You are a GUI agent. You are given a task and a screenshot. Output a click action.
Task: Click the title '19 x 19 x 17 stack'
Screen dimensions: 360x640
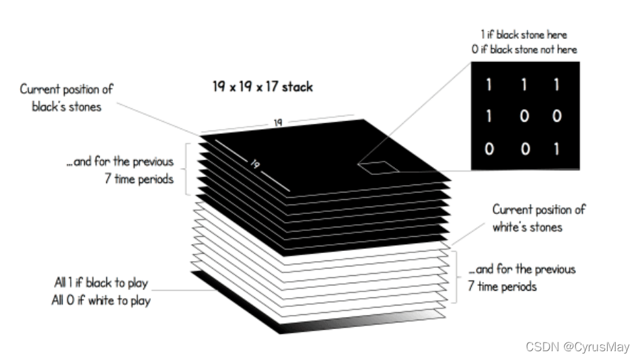[x=261, y=87]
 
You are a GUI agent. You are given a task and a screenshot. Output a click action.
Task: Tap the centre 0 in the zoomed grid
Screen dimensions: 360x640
[x=524, y=116]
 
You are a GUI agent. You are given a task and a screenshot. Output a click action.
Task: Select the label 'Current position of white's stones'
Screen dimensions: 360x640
[x=538, y=218]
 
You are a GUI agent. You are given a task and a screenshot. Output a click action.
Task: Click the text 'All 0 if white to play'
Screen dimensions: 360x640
[x=102, y=301]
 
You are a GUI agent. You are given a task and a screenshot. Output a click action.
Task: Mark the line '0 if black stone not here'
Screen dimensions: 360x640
[x=524, y=49]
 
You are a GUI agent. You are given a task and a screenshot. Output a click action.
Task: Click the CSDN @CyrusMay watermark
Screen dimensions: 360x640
[x=577, y=347]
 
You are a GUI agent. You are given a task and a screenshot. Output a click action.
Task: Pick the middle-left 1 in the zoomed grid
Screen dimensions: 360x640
[x=489, y=116]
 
